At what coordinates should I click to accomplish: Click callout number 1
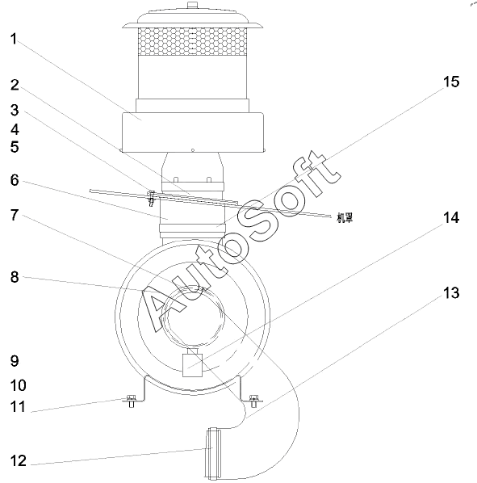click(x=14, y=39)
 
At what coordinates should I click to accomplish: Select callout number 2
click(x=15, y=85)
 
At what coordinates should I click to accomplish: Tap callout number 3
click(x=15, y=110)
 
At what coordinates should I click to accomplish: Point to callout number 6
click(x=15, y=180)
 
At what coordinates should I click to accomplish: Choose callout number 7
click(x=15, y=215)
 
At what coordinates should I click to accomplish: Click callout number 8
click(x=15, y=277)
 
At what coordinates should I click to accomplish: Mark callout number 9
click(x=15, y=361)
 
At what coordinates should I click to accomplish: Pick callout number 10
click(x=18, y=385)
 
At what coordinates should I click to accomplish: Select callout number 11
click(x=18, y=407)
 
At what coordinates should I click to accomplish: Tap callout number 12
click(x=18, y=461)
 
